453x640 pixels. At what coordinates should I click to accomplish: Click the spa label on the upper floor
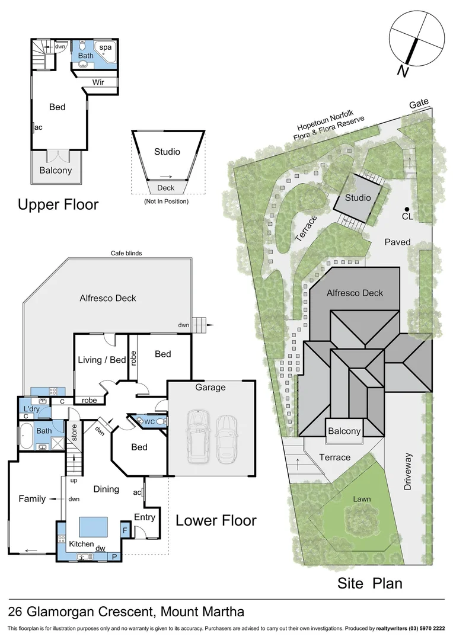[105, 47]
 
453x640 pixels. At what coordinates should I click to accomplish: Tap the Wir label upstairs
[98, 82]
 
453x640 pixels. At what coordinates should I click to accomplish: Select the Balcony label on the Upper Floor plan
[55, 170]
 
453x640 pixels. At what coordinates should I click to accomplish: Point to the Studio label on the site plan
[358, 197]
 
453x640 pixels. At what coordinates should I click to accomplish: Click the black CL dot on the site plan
[407, 209]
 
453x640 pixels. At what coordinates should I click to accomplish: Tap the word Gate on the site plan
[419, 104]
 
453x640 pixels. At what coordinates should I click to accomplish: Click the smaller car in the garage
[226, 439]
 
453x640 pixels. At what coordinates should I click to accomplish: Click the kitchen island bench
[93, 526]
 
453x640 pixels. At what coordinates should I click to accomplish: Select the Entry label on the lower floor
[145, 517]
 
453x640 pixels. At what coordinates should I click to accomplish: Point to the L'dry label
[31, 409]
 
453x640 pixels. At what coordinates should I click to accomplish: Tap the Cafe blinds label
[126, 253]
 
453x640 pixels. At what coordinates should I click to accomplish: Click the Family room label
[32, 498]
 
